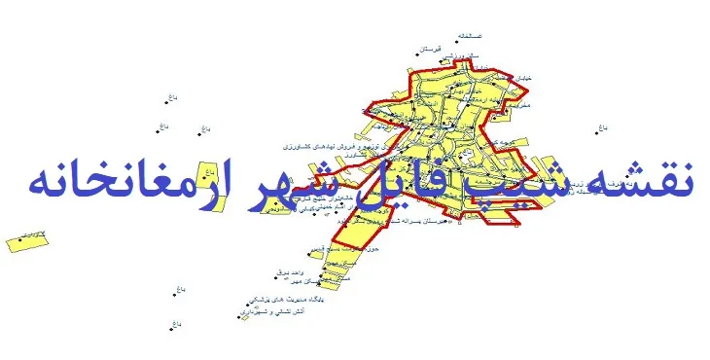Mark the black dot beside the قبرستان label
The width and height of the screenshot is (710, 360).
(x=417, y=52)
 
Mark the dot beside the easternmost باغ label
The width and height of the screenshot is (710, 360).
(x=595, y=130)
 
